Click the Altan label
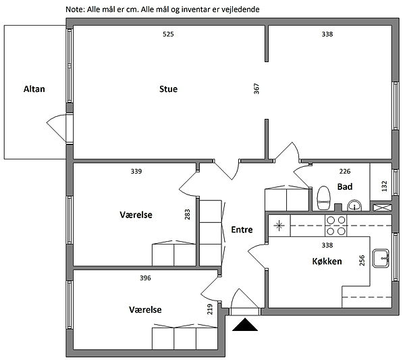[x=34, y=88]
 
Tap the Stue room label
[x=168, y=88]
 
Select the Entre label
[x=242, y=230]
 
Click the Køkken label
[x=327, y=261]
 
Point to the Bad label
[x=345, y=186]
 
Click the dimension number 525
[x=168, y=34]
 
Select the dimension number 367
[x=256, y=88]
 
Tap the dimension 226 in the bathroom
[x=344, y=172]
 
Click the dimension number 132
[x=384, y=184]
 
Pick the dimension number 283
[x=187, y=214]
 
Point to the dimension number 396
[x=145, y=278]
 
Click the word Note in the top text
[x=75, y=9]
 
